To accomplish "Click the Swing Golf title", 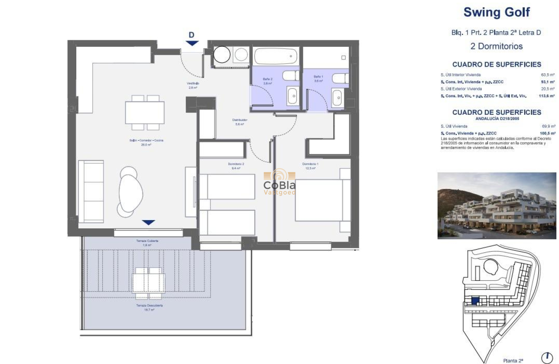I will (497, 12).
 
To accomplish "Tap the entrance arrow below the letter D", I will (192, 43).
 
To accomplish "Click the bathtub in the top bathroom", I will (276, 56).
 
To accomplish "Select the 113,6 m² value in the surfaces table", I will (547, 96).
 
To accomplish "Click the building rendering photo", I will (497, 205).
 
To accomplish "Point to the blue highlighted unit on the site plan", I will (475, 300).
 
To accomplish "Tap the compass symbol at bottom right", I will (547, 356).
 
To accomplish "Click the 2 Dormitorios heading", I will (497, 46).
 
